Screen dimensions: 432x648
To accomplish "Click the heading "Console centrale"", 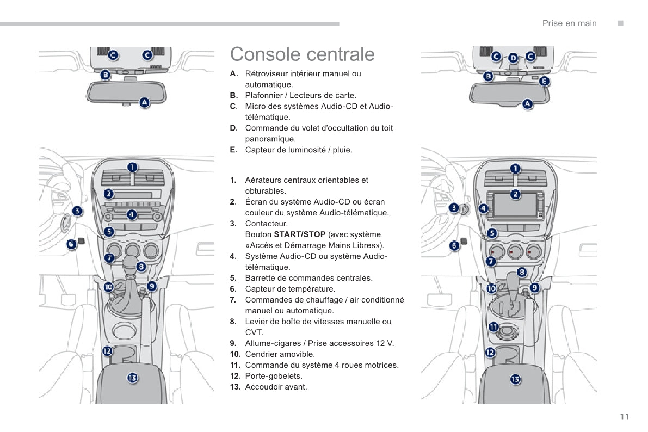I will click(303, 54).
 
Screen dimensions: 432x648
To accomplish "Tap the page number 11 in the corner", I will click(624, 417).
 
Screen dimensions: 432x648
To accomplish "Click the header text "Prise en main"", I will click(569, 23).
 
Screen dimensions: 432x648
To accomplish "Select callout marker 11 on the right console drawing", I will click(493, 327).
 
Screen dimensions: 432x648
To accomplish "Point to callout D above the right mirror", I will click(513, 58).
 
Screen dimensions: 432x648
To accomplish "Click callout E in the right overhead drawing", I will click(544, 82).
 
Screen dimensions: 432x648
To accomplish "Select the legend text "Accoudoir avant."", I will click(276, 387).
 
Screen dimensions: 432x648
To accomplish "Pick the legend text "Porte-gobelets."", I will click(274, 376).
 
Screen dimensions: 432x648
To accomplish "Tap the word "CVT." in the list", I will click(254, 332).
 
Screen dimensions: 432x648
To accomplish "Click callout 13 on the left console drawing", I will click(132, 378).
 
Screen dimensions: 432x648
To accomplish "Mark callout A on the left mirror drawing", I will click(145, 102).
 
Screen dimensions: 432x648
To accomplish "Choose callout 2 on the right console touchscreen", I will click(515, 194).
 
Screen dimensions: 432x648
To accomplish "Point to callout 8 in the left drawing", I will click(141, 267).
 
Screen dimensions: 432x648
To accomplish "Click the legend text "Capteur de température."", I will click(290, 289).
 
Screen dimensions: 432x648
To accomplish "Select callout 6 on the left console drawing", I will click(71, 245).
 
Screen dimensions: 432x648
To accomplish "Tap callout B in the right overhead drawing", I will click(489, 77).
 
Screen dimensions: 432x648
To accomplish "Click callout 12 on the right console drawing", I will click(490, 352).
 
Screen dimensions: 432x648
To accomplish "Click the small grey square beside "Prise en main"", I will click(619, 23).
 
